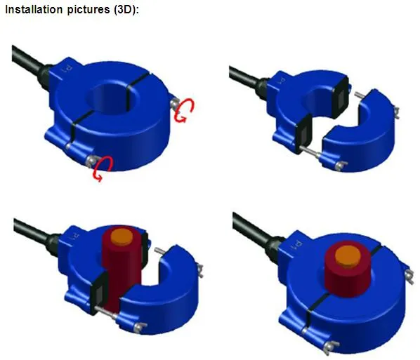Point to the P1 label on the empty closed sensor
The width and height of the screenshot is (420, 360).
[67, 69]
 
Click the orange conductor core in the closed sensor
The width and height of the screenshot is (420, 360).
[346, 254]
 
